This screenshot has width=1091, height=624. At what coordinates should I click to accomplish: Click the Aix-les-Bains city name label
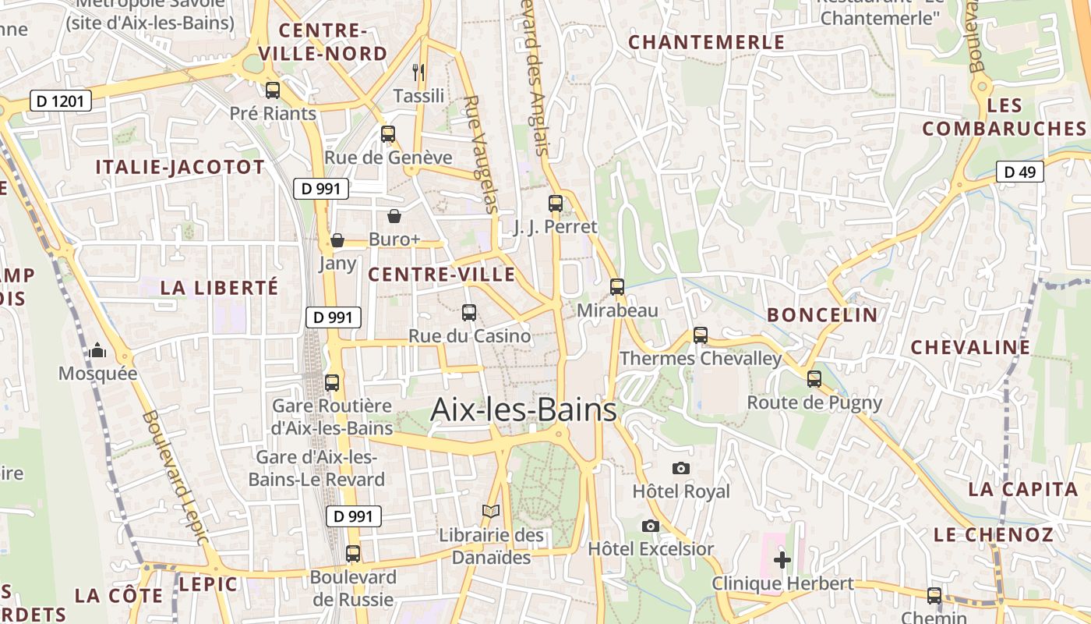(x=524, y=409)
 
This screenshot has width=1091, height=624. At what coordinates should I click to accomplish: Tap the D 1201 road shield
(x=61, y=101)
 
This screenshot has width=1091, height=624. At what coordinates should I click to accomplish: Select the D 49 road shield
(x=1020, y=172)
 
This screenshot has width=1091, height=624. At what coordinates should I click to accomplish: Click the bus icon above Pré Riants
(x=273, y=90)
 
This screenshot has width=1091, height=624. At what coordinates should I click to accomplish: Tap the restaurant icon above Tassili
(x=418, y=73)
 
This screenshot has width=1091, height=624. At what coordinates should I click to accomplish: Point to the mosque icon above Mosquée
(x=97, y=351)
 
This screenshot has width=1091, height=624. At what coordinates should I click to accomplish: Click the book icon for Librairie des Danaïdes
(x=491, y=512)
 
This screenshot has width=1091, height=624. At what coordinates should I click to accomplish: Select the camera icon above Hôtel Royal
(x=681, y=468)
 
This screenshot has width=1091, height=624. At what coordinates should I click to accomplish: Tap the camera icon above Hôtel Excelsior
(x=651, y=526)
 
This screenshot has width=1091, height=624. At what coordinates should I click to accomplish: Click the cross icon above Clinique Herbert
(x=782, y=560)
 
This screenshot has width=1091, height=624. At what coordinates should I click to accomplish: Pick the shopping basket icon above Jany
(x=337, y=240)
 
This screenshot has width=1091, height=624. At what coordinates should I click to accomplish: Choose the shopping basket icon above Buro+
(x=394, y=216)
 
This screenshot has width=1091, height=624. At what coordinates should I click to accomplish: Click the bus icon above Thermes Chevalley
(x=701, y=335)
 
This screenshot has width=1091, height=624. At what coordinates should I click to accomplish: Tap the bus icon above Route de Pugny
(x=814, y=379)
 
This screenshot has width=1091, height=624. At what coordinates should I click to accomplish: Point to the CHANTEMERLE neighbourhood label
(x=706, y=42)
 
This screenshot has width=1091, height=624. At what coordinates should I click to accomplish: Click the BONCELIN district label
(x=822, y=315)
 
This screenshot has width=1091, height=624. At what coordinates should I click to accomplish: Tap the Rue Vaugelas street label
(x=480, y=154)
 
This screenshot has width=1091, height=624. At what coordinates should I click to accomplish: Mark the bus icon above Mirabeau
(x=617, y=287)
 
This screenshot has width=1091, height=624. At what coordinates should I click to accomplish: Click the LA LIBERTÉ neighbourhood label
(x=219, y=287)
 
